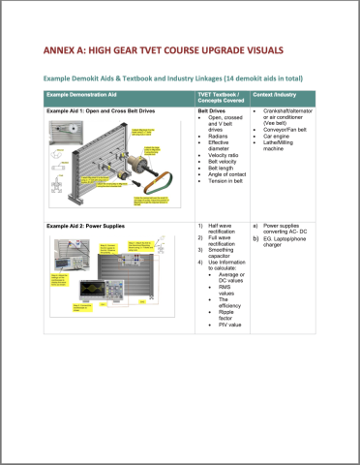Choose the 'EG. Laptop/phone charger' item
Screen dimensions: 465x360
(x=290, y=245)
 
